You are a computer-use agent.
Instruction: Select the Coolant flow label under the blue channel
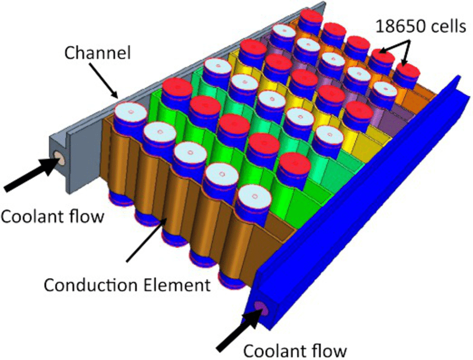(295, 351)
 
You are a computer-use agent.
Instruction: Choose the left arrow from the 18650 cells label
(390, 45)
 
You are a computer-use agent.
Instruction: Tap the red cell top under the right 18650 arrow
(407, 72)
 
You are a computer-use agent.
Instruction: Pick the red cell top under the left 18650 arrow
(381, 57)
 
